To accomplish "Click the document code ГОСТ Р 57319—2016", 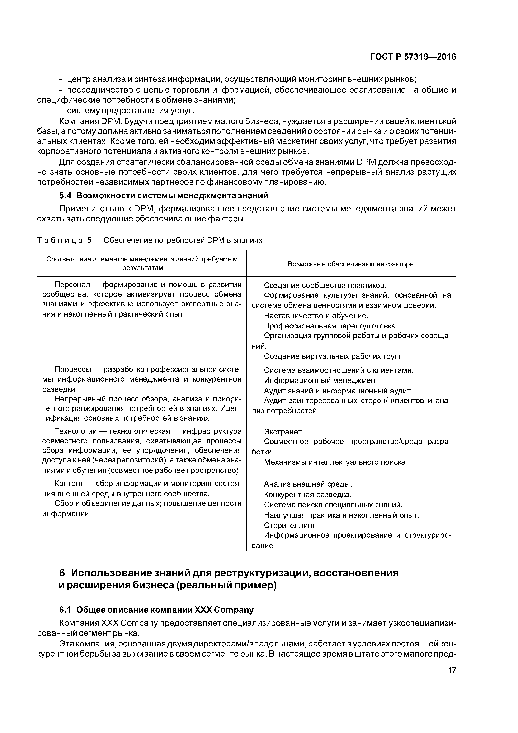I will (x=413, y=57).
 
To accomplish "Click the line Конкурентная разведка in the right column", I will (x=307, y=495).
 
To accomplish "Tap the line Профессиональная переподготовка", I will (x=331, y=326).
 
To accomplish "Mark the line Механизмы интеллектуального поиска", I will (x=334, y=462).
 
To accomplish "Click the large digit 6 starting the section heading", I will (x=62, y=573).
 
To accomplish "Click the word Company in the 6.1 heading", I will (x=234, y=610).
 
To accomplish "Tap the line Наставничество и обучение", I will (x=316, y=316).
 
